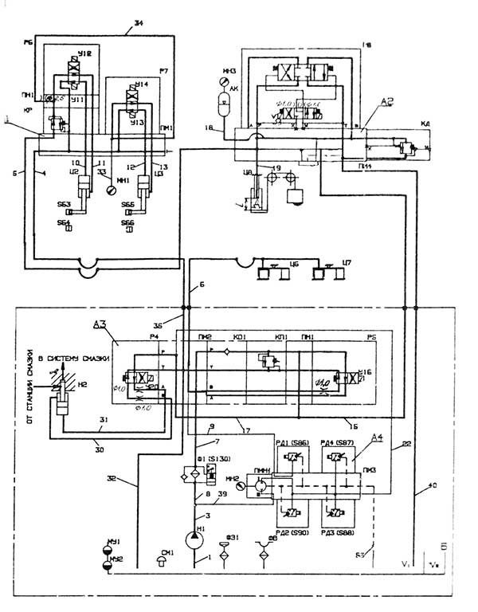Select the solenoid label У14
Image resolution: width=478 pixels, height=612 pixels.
[x=141, y=84]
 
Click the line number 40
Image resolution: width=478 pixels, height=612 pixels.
[x=433, y=486]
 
